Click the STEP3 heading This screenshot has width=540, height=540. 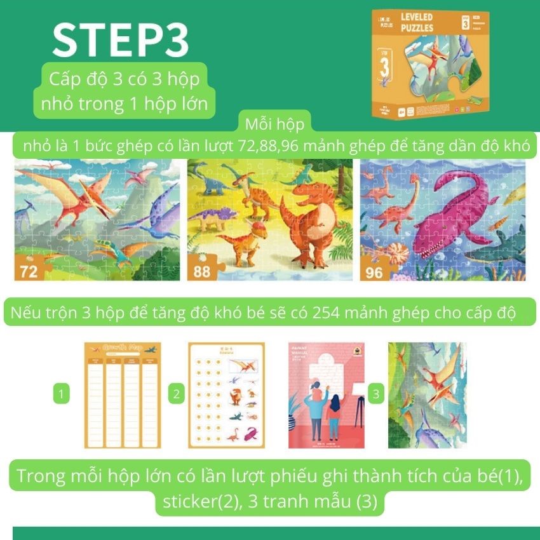[x=121, y=41]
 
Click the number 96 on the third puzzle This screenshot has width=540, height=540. [x=374, y=271]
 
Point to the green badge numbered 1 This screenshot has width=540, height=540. [x=61, y=395]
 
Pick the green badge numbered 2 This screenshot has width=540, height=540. [x=176, y=395]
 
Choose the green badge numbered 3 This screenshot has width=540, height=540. [x=376, y=395]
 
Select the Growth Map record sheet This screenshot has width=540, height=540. [x=123, y=395]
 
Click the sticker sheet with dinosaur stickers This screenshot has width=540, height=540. [x=226, y=395]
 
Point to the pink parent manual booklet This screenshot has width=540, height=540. [x=325, y=395]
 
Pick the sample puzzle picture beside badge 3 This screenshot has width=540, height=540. [x=427, y=395]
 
